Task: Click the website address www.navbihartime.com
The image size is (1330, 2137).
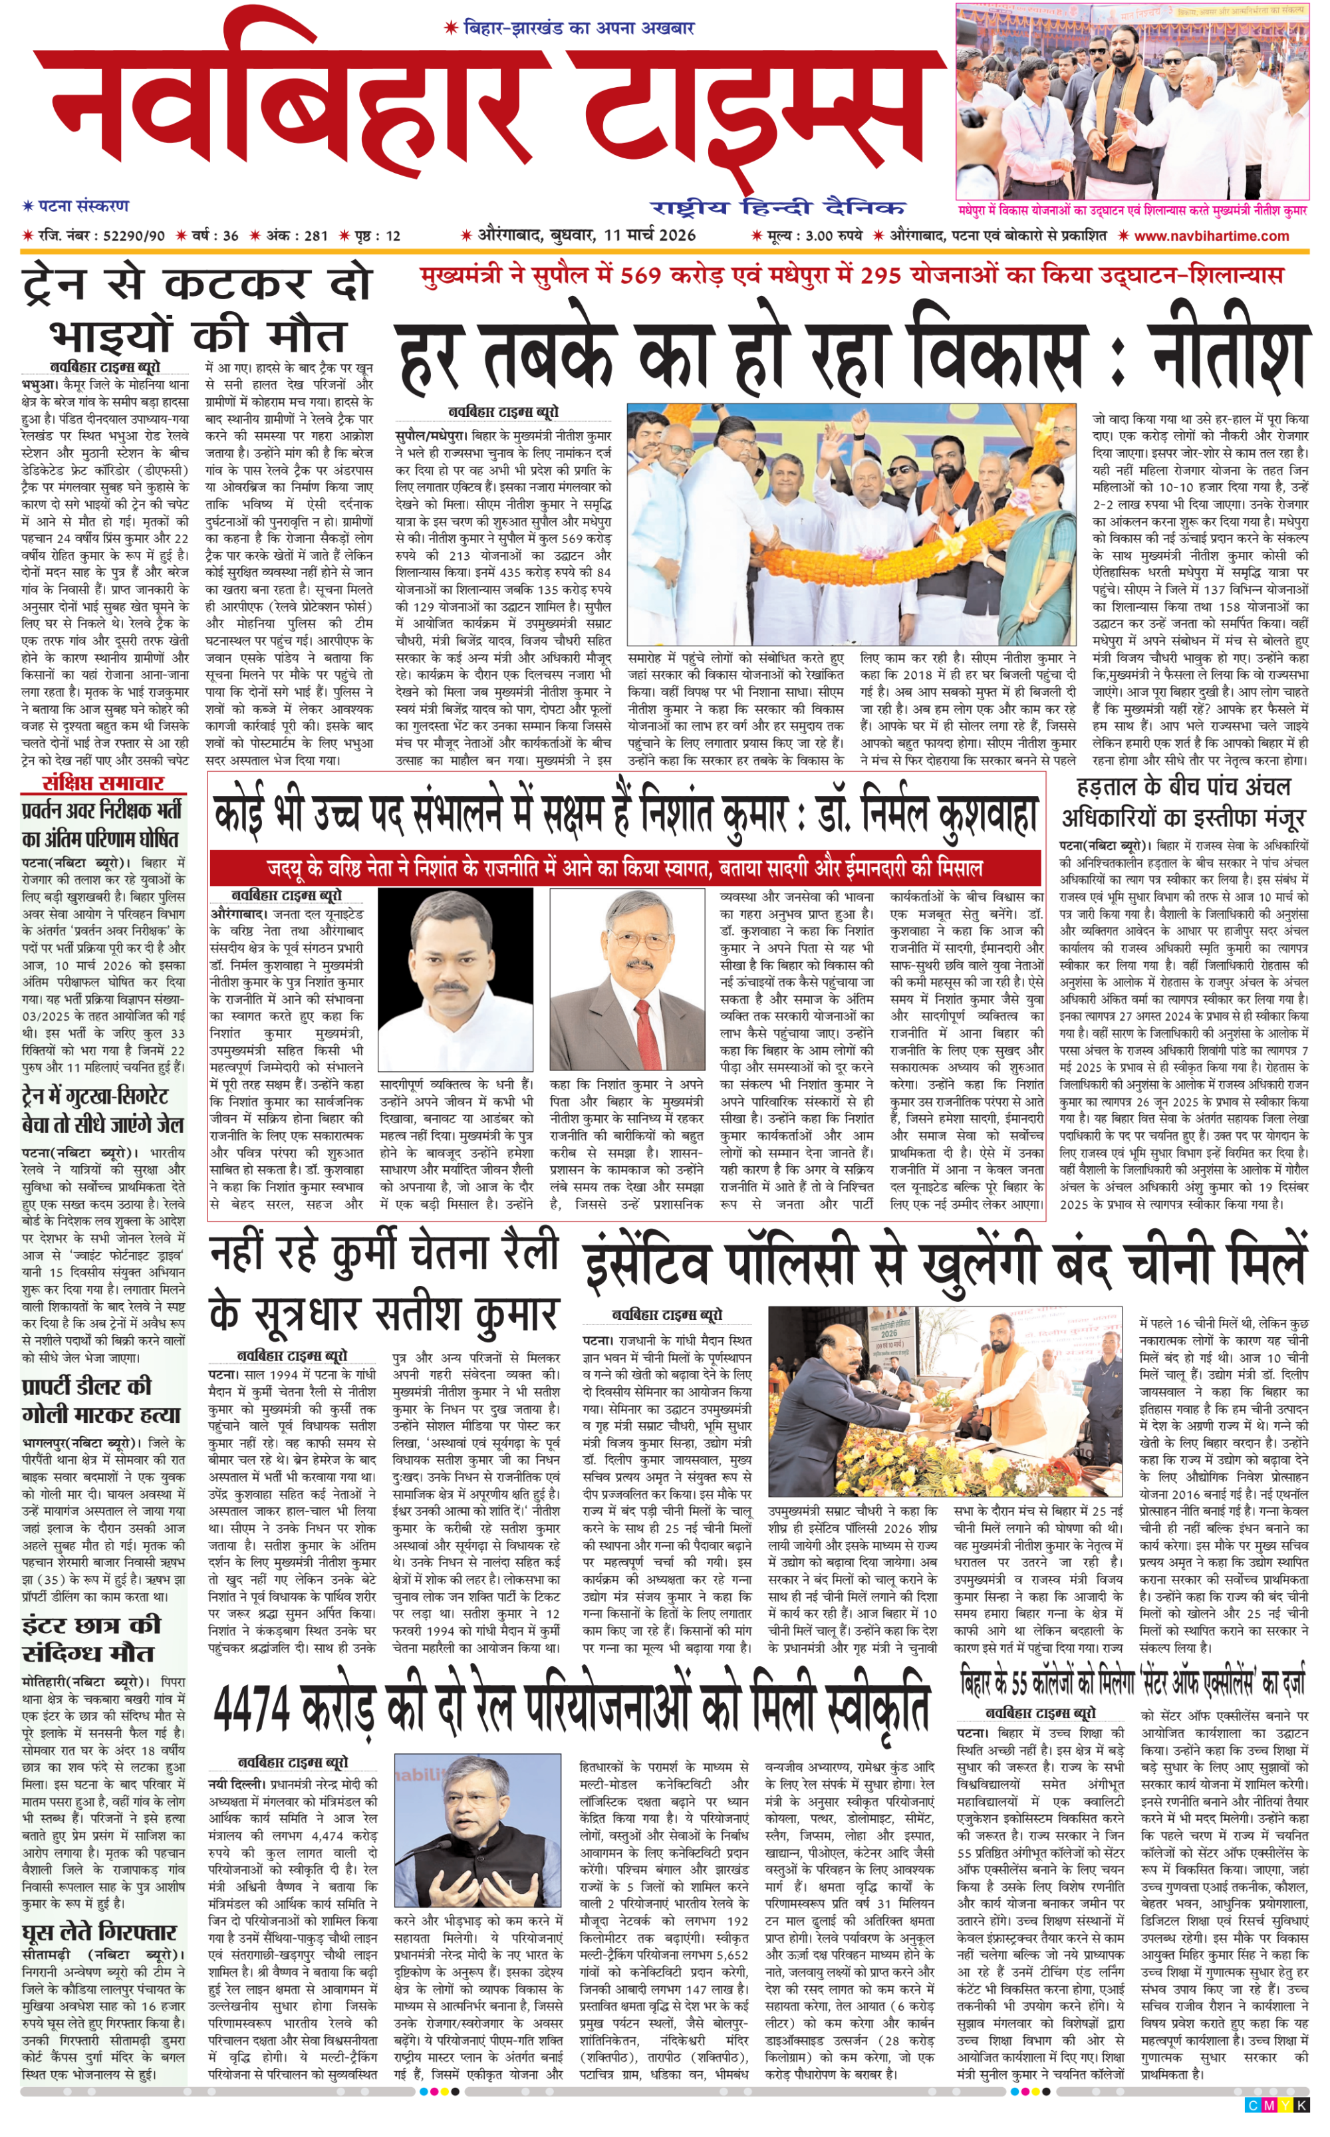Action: (1211, 235)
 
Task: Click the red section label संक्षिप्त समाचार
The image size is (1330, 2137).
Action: (103, 783)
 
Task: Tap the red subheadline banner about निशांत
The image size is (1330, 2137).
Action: (624, 868)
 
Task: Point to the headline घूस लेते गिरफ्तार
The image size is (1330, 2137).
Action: (98, 1933)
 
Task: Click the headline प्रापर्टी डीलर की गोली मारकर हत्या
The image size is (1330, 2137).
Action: (101, 1401)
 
